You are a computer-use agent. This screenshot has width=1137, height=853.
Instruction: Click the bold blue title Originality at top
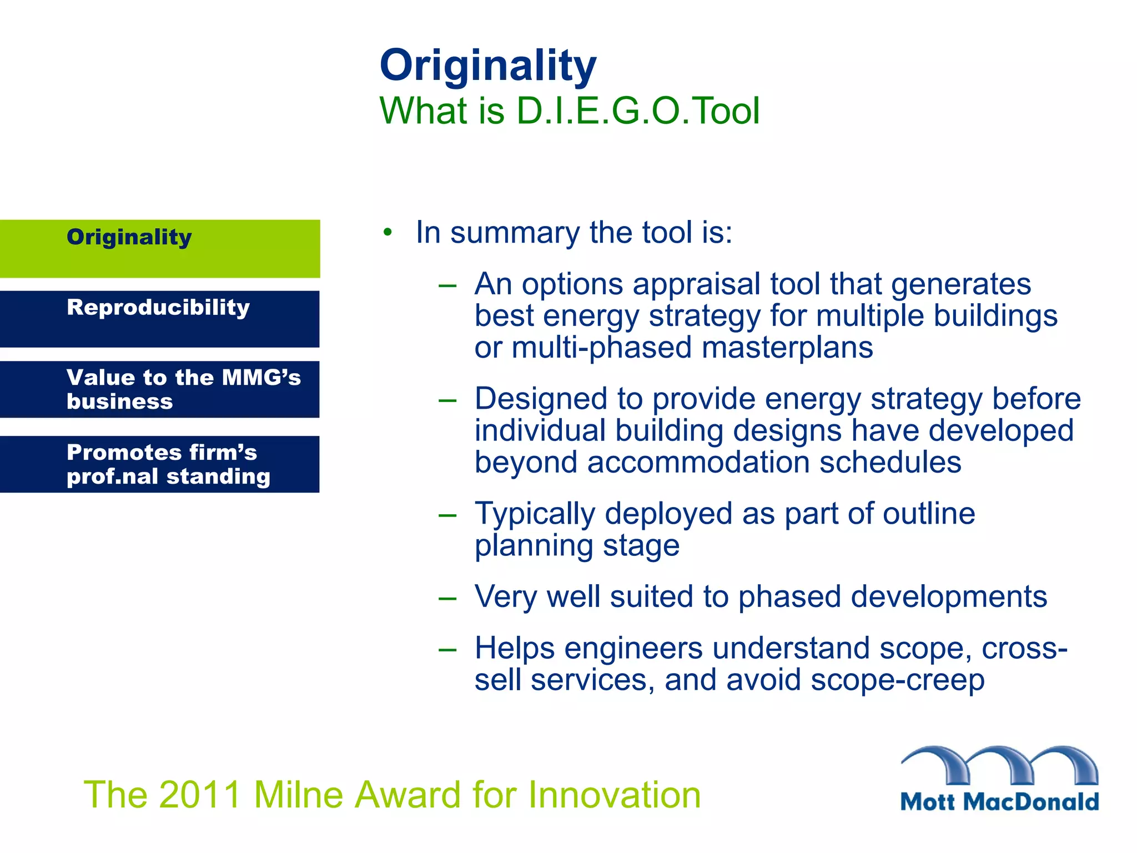pos(487,66)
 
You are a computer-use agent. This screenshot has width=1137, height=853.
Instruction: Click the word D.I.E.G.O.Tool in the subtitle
pos(637,111)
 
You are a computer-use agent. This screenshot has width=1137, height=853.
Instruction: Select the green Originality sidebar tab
pos(160,248)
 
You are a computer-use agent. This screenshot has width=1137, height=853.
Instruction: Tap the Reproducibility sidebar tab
pos(160,319)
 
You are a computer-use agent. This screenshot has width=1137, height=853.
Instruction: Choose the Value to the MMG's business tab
pos(160,389)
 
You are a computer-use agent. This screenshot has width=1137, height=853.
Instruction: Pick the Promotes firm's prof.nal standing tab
pos(160,464)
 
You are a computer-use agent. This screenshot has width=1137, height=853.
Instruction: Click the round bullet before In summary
pos(388,233)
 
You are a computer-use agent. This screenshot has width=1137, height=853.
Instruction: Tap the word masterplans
pos(787,348)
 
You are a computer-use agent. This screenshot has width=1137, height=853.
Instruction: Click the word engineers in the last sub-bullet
pos(633,649)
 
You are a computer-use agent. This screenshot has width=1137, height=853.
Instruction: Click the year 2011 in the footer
pos(200,795)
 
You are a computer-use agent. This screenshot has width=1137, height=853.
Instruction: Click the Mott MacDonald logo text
pos(999,802)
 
